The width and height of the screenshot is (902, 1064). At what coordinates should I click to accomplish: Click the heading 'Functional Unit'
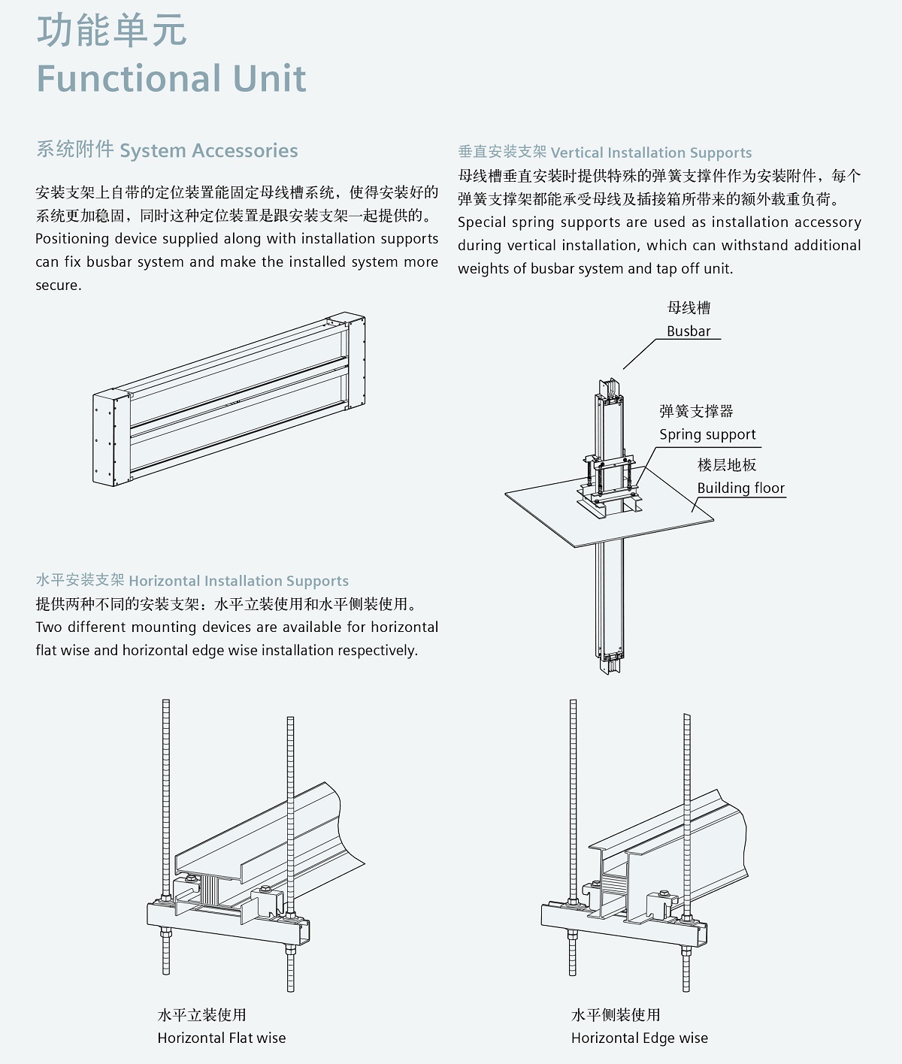tap(171, 79)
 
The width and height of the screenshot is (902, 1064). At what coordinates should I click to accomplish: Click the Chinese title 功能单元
tap(111, 31)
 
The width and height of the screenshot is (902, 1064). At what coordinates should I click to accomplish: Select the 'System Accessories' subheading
tap(208, 151)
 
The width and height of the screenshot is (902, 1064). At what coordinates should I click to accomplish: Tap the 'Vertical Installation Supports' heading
tap(651, 153)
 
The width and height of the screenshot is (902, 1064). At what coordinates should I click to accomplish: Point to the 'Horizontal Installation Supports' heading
tap(238, 581)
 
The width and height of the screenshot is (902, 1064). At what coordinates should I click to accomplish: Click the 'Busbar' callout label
tap(689, 331)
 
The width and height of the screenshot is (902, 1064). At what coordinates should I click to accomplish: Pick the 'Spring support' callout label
tap(707, 435)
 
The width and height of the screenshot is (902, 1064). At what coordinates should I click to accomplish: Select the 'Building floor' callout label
tap(741, 488)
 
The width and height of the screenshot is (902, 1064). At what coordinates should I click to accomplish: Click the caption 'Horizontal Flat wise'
tap(222, 1038)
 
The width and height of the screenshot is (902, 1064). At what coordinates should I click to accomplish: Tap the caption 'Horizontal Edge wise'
tap(640, 1038)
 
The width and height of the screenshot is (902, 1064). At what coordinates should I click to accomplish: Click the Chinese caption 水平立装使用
tap(201, 1014)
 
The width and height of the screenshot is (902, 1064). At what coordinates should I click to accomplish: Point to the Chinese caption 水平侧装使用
tap(616, 1014)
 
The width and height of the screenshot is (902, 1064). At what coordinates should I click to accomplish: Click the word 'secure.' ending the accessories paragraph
tap(59, 286)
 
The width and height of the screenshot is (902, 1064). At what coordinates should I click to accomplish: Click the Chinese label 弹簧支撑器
tap(696, 411)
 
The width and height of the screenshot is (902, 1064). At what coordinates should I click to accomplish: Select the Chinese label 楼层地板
tap(726, 465)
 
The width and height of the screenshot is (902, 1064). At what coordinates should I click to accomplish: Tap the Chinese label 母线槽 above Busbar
tap(689, 308)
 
